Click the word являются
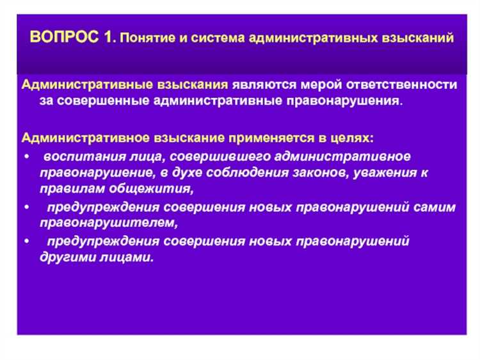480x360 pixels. point(260,85)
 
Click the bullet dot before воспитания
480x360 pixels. point(25,156)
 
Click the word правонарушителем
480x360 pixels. point(106,224)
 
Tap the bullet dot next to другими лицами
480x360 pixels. point(25,241)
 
